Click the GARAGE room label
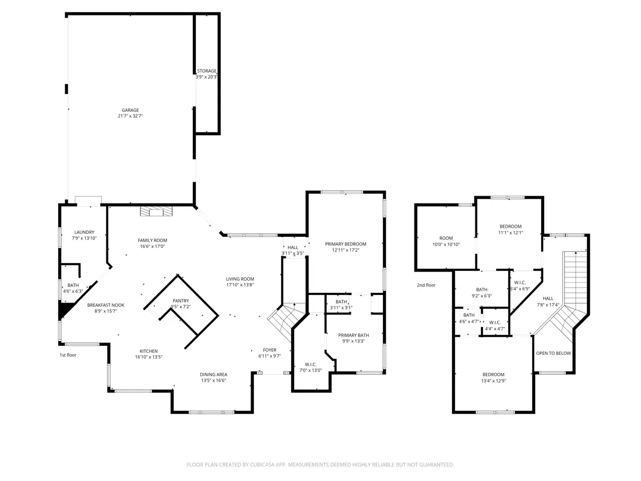tap(130, 110)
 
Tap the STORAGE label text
tap(207, 71)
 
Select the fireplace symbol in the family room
tap(156, 211)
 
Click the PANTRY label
tap(181, 301)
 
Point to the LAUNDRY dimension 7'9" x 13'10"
tap(84, 238)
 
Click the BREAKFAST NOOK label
tap(106, 305)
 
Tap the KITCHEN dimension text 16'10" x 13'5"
tap(148, 357)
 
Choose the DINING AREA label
tap(213, 375)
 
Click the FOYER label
tap(269, 350)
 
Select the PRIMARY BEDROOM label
tap(345, 244)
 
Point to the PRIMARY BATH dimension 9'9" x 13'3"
tap(354, 341)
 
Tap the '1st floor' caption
tap(68, 355)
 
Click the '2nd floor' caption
tap(426, 285)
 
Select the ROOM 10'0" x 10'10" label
tap(446, 241)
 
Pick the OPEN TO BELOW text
tap(553, 353)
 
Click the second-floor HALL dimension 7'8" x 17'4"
tap(548, 305)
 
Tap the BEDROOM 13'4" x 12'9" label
tap(493, 378)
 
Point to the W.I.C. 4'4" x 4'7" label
tap(495, 325)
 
